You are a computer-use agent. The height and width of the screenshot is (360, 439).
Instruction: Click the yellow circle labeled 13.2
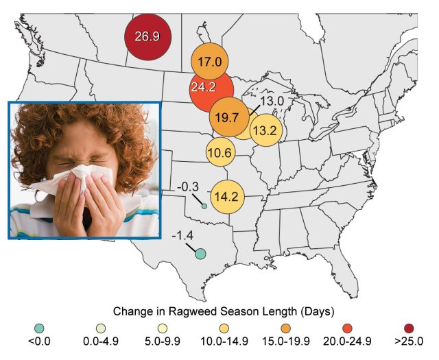[x=263, y=130]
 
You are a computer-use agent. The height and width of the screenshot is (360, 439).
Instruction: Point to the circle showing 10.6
[x=218, y=153]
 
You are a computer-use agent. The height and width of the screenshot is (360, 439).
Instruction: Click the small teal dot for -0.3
[x=204, y=206]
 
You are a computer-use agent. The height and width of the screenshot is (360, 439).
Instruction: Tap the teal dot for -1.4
[x=200, y=254]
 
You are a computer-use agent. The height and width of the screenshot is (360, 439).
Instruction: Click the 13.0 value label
[x=272, y=101]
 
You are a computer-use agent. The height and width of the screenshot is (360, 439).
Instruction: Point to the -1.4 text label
[x=182, y=236]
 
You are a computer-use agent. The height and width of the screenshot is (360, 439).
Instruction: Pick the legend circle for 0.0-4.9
[x=100, y=325]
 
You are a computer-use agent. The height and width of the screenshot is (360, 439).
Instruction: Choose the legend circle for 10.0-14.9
[x=223, y=325]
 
